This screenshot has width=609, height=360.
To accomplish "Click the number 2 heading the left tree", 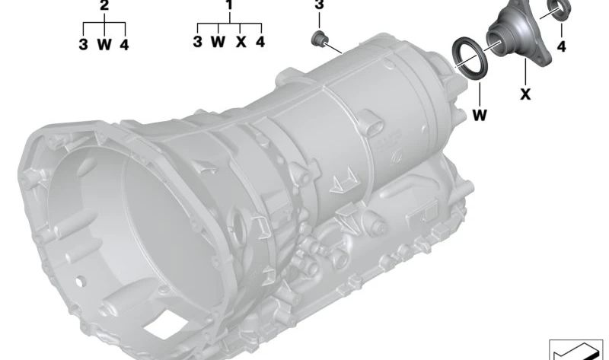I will [104, 6].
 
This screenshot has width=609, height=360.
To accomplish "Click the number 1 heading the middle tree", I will [228, 6].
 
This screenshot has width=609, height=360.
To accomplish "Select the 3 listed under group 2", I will [83, 44].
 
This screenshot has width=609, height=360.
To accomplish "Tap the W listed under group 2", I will [104, 44].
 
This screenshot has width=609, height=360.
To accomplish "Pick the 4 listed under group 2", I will [124, 44].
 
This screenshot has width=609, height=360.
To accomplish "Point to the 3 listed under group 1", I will [197, 43].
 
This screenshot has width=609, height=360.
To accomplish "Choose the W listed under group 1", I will [218, 43].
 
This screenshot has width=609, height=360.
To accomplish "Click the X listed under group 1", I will [241, 43].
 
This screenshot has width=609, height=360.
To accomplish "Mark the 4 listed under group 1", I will [260, 43].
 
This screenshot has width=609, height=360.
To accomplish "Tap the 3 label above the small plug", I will [320, 6].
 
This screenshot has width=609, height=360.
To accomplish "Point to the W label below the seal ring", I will [480, 116].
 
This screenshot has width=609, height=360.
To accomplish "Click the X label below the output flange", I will [525, 94].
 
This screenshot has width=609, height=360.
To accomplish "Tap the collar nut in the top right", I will [560, 10].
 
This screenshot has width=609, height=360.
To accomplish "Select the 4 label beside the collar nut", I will [562, 47].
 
